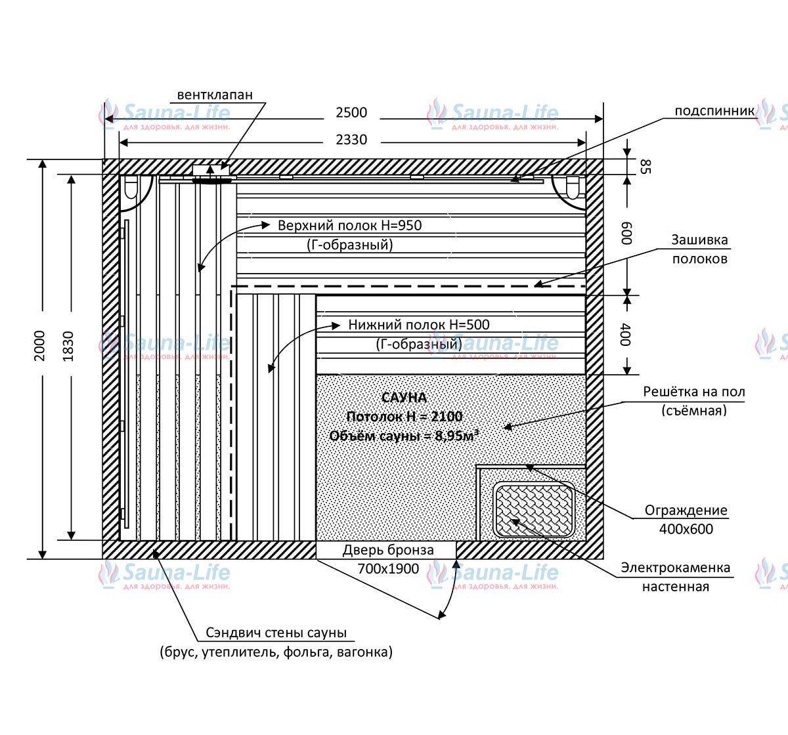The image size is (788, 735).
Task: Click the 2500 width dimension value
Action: pos(351,113)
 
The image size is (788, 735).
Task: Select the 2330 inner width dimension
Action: pos(351,140)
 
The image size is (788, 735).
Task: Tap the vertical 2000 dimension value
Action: pos(39,345)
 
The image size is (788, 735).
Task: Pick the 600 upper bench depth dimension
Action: pos(626,233)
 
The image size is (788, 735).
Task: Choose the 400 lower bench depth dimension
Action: pos(625,335)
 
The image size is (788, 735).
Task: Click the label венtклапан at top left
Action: pos(215,94)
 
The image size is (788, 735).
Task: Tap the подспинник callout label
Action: pos(714,111)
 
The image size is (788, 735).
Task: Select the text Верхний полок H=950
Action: pos(349,225)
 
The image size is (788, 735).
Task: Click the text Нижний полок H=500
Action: pos(418,324)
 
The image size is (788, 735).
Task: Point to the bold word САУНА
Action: pos(404,398)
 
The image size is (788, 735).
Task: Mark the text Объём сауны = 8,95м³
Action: pos(404,436)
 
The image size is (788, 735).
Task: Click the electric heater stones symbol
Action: pos(534,510)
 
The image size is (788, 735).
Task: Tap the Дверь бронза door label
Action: pos(388,550)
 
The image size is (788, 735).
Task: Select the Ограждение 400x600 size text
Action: pos(686,529)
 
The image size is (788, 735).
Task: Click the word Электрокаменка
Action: pos(675,568)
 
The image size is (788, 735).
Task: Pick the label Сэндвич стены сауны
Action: pos(276,633)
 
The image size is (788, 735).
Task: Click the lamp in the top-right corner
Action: pos(571,188)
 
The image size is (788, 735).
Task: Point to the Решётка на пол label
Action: pos(693,392)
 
